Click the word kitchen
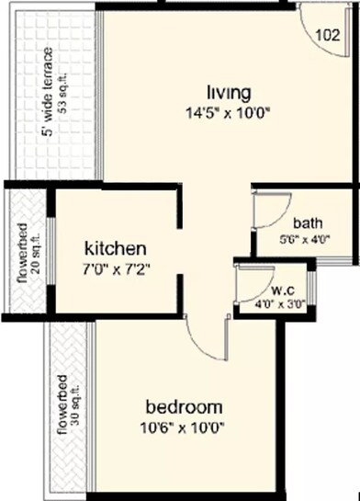coord(115,248)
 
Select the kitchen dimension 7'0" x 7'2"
coord(115,270)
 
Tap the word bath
coord(307,222)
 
